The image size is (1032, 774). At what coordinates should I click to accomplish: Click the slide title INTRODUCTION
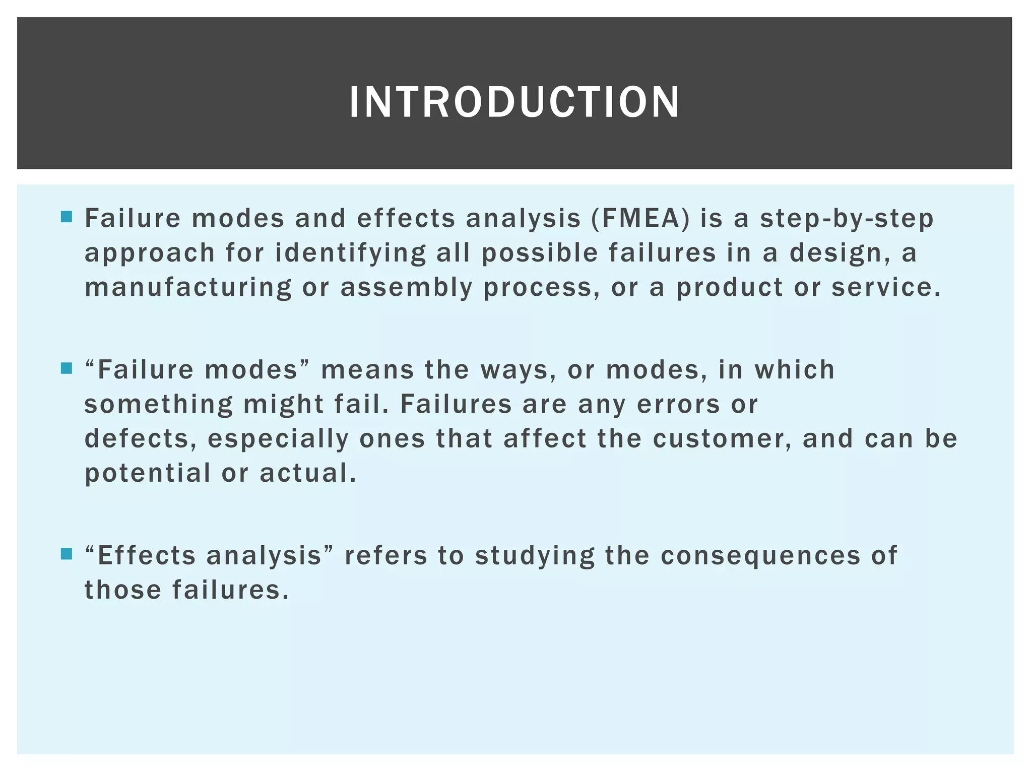coord(514,102)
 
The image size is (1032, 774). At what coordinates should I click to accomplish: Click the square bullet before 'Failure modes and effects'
coord(66,217)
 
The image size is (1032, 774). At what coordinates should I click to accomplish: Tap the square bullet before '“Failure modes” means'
coord(66,368)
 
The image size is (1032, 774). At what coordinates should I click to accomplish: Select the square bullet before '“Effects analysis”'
coord(66,554)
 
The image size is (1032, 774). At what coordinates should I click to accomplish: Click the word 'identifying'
coord(351,253)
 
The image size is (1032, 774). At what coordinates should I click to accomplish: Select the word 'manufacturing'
coord(188,288)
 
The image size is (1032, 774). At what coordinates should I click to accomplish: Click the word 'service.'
coord(886,287)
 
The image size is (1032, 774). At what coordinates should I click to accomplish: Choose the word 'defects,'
coord(141,438)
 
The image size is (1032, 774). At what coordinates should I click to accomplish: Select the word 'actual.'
coord(308,473)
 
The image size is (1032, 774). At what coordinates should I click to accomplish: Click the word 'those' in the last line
coord(122,590)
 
